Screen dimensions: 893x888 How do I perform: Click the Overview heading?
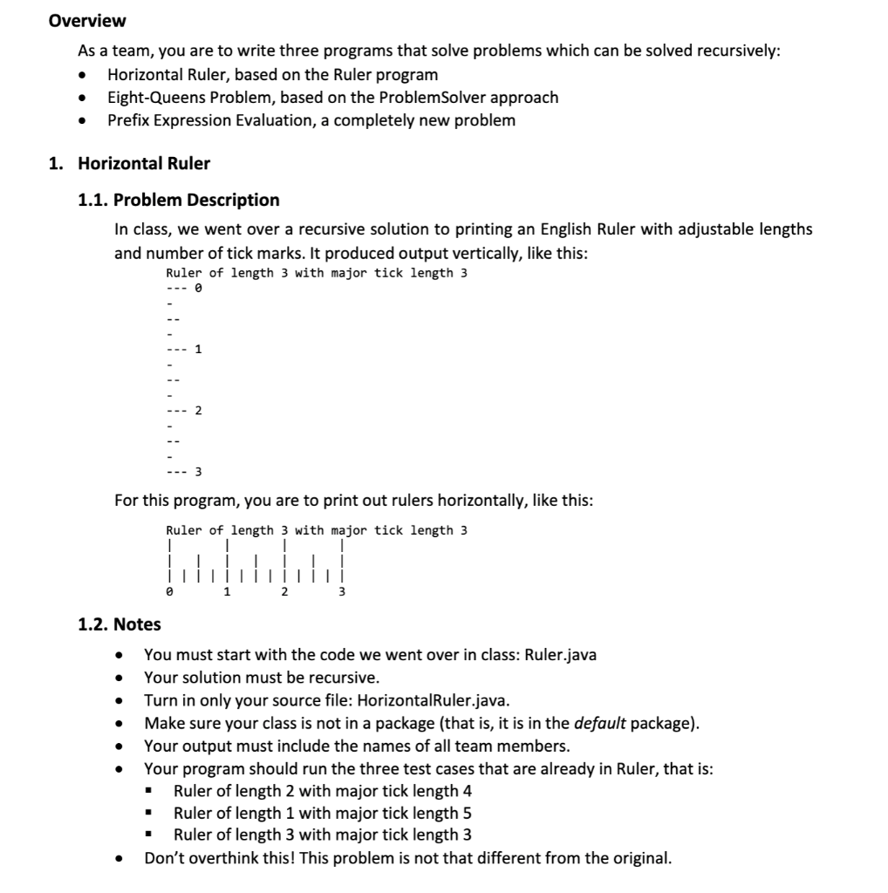coord(87,20)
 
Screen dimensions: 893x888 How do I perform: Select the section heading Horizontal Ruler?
coord(144,163)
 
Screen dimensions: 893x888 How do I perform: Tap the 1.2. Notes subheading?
coord(120,624)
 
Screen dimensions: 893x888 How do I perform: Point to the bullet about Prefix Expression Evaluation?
coord(311,119)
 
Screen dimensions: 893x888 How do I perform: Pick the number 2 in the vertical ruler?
coord(198,410)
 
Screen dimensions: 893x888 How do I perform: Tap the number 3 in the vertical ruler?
coord(198,472)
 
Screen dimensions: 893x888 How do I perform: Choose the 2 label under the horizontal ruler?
coord(284,592)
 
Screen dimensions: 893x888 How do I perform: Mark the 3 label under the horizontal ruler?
coord(342,592)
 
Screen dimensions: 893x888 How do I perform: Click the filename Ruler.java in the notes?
coord(560,655)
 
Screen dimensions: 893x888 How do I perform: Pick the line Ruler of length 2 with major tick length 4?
coord(323,791)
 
